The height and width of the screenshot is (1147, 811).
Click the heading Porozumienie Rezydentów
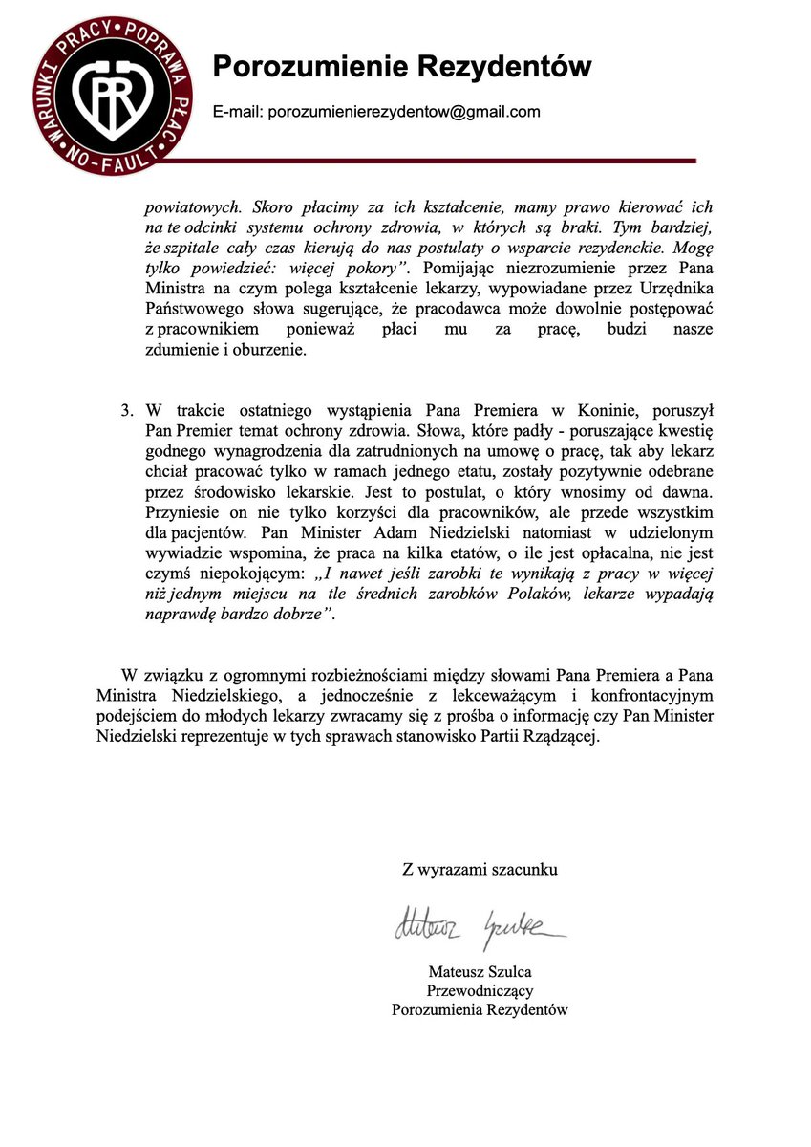[x=401, y=66]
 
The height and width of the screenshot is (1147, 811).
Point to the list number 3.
[x=126, y=410]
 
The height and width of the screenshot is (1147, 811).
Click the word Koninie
[x=587, y=410]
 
